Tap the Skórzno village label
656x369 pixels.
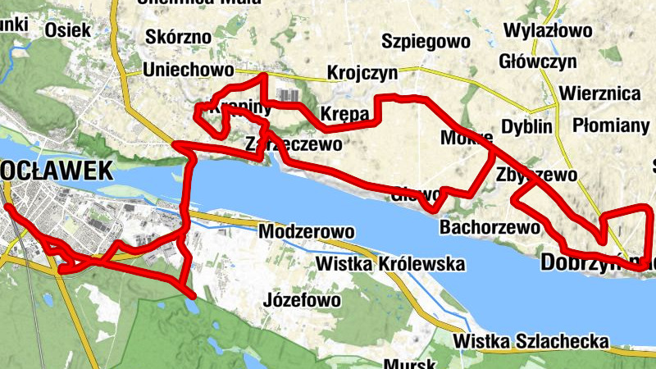[x=178, y=37]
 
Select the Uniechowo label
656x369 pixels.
[x=188, y=70]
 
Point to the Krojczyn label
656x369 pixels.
[x=362, y=73]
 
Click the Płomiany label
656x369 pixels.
[x=611, y=125]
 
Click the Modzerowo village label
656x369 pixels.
[x=306, y=232]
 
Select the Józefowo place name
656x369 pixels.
[x=303, y=300]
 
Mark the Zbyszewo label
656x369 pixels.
[x=537, y=175]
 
